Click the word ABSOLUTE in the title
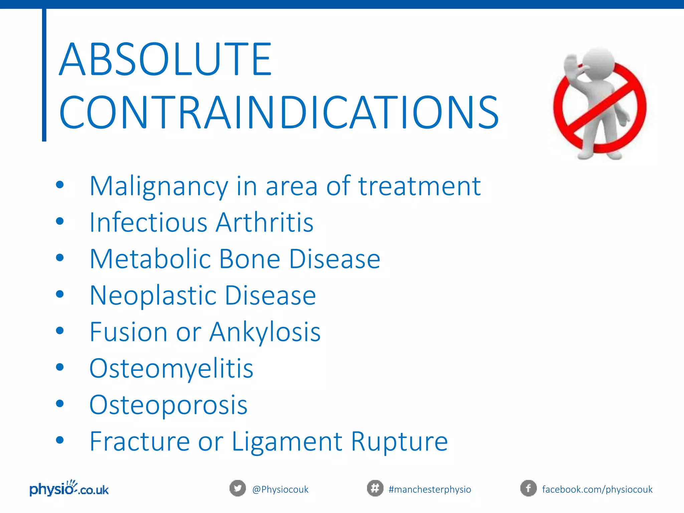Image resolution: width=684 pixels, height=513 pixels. point(165,59)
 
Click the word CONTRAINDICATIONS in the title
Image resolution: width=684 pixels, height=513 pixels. point(279,113)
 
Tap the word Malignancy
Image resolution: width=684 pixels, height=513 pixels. point(159,186)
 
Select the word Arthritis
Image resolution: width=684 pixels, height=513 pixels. point(265,222)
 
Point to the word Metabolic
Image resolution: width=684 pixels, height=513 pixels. point(150,259)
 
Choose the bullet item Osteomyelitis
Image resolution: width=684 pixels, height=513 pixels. point(171,369)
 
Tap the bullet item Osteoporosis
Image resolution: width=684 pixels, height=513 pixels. point(168,405)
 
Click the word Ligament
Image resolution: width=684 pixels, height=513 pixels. point(287,442)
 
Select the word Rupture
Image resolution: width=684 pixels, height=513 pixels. point(399,442)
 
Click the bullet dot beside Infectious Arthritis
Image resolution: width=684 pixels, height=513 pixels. point(60,221)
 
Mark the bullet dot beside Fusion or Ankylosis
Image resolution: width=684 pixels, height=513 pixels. point(60,331)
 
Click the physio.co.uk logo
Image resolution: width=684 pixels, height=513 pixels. point(69,489)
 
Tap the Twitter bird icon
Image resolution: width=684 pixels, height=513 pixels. point(237,489)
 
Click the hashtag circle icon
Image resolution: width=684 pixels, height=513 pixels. point(375,489)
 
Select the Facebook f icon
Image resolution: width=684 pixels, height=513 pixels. point(528,489)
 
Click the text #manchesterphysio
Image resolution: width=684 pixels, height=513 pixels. point(430,490)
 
